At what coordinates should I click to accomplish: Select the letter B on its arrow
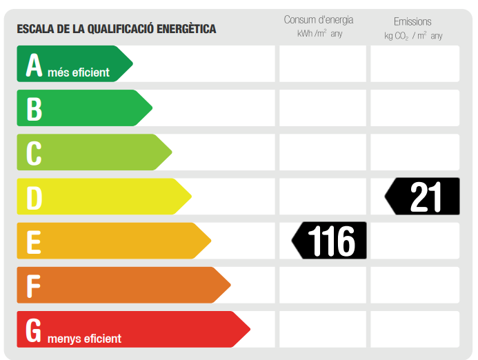point(34,109)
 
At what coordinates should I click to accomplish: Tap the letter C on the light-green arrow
point(34,153)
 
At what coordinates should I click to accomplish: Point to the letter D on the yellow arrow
point(34,197)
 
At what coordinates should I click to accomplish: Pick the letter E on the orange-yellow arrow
point(33,241)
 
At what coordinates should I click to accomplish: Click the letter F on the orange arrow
point(32,286)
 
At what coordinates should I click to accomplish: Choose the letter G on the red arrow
point(34,330)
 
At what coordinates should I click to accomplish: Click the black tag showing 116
point(330,241)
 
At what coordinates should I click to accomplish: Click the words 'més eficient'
point(79,72)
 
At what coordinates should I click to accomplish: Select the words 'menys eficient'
point(84,339)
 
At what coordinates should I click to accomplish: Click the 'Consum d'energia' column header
point(319,19)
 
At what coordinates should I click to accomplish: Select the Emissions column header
point(412,21)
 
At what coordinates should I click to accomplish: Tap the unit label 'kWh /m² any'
point(319,34)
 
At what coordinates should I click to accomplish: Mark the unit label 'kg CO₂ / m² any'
point(413,36)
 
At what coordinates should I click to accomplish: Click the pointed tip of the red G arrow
point(249,329)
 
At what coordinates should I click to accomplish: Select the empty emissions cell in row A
point(415,63)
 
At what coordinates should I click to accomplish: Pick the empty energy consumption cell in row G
point(322,329)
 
